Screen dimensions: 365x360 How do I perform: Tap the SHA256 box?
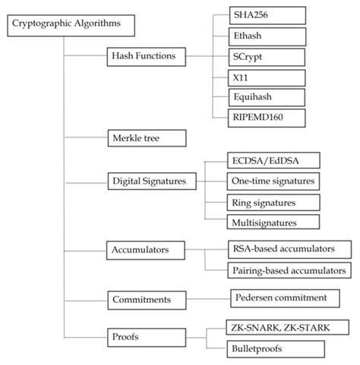pos(257,15)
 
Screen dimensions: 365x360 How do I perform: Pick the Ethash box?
pos(257,36)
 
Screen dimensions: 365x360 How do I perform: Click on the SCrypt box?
pos(257,56)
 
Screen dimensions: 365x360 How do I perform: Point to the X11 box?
pos(257,77)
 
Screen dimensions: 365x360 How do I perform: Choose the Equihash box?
pos(257,97)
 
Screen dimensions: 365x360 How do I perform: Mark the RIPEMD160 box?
pos(257,117)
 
